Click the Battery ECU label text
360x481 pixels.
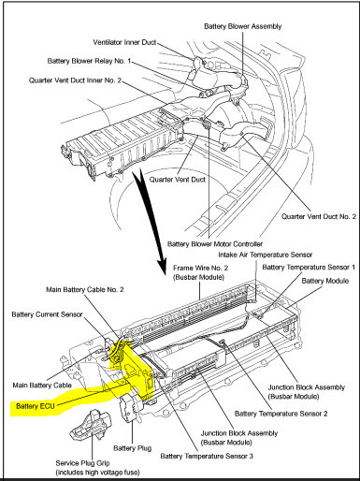[36, 406]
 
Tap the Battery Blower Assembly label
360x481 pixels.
[243, 26]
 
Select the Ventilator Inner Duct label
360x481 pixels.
[124, 42]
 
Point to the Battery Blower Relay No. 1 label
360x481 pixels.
[89, 61]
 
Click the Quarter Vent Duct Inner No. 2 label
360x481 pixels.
[75, 80]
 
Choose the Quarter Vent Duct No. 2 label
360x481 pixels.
[319, 216]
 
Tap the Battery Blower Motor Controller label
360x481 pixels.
[215, 243]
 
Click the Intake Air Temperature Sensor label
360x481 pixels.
[265, 255]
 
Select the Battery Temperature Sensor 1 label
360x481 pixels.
[309, 267]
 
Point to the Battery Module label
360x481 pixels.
[325, 281]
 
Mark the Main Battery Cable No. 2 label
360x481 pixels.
[85, 289]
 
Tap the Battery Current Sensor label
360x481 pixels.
[47, 314]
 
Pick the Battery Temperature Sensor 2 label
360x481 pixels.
[281, 414]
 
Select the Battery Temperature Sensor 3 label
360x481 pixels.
[207, 456]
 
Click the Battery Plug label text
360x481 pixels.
[132, 448]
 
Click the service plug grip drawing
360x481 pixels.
[91, 425]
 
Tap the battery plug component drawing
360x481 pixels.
[129, 407]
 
